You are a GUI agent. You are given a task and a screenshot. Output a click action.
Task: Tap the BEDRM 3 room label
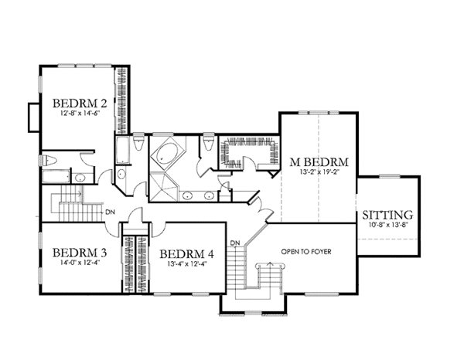pos(77,253)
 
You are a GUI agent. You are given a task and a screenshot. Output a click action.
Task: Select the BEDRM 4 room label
pos(186,253)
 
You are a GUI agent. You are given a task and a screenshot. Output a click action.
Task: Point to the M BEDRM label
pos(319,162)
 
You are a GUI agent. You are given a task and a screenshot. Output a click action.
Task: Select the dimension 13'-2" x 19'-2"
pos(319,173)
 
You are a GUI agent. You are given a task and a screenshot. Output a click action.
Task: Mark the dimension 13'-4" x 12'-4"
pos(186,263)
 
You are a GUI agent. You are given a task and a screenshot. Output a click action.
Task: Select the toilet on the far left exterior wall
pos(48,161)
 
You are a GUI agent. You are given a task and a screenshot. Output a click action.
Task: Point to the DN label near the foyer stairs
pos(238,243)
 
